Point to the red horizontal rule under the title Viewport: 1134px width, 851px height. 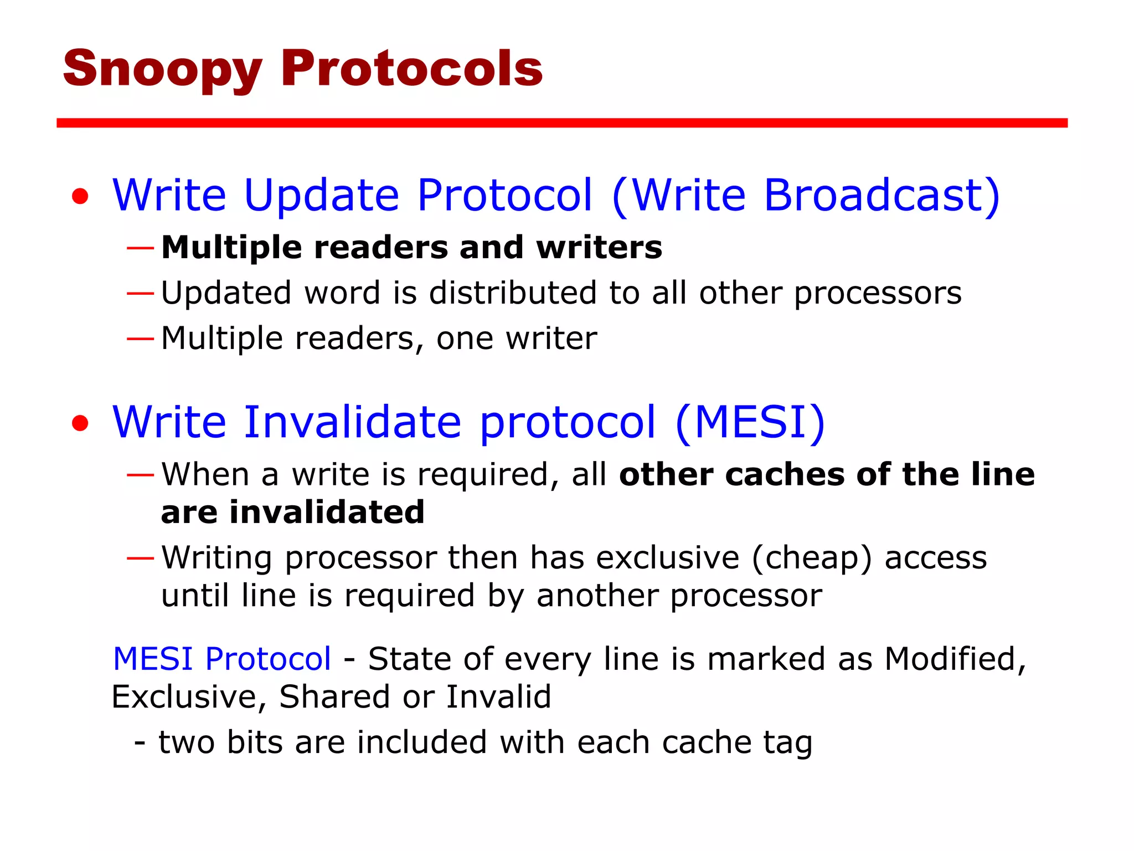point(561,123)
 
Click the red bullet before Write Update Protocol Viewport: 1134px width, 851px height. point(80,196)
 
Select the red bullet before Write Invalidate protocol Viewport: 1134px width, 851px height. point(80,423)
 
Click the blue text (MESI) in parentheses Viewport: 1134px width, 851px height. point(750,422)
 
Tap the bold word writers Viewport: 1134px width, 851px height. point(599,247)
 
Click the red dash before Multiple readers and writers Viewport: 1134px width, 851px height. point(140,248)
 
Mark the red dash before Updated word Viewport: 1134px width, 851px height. point(140,293)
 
